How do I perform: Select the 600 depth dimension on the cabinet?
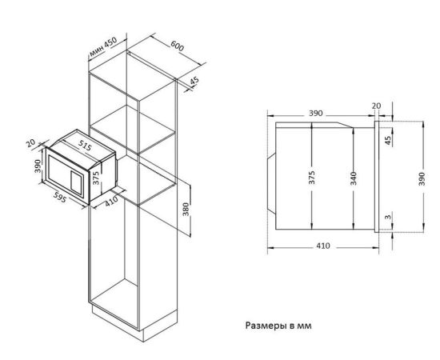click(x=178, y=46)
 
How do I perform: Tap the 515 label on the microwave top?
click(x=85, y=145)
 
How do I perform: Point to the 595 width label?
click(x=60, y=198)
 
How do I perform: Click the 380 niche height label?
click(x=186, y=210)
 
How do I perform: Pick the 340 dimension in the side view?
click(x=354, y=178)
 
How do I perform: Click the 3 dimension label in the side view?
click(x=388, y=217)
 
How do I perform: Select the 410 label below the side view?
click(x=323, y=246)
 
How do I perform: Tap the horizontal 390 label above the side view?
click(x=316, y=114)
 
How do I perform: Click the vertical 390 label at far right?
click(x=422, y=178)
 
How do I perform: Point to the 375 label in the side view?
click(x=312, y=178)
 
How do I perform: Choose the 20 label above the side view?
click(x=377, y=106)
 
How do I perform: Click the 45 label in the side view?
click(x=388, y=140)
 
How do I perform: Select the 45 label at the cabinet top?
click(x=194, y=81)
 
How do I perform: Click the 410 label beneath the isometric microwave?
click(x=111, y=202)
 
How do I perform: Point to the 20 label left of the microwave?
click(x=30, y=143)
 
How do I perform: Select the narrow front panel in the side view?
click(x=377, y=177)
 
